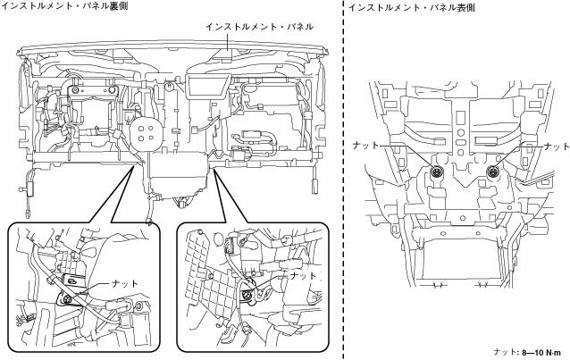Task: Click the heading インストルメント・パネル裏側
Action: (64, 5)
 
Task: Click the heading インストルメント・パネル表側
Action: (412, 7)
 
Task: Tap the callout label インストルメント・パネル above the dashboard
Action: (259, 27)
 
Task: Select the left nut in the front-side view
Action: (435, 171)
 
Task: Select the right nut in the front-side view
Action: (493, 171)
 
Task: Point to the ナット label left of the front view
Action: (365, 146)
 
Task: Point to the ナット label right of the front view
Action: (557, 147)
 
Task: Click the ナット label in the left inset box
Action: (125, 283)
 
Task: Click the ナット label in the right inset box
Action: (303, 276)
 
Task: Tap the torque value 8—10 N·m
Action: (541, 352)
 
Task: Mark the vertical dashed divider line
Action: (344, 180)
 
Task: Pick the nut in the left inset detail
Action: (67, 299)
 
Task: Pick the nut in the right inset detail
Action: (247, 294)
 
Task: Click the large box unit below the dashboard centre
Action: (179, 174)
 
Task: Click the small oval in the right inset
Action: (218, 239)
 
